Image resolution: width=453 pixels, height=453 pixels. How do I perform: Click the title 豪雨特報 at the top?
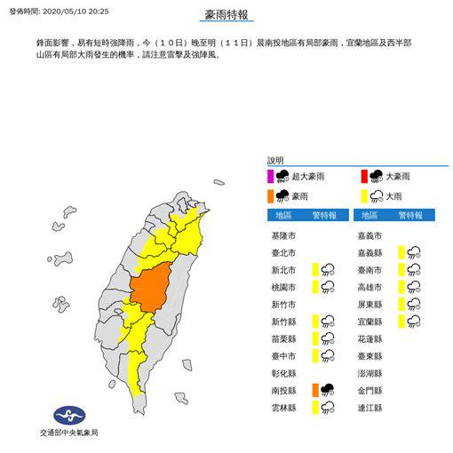click(x=226, y=15)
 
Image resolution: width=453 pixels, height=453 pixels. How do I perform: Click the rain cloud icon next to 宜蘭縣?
click(x=413, y=320)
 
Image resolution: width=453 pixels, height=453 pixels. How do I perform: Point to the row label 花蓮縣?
click(x=384, y=338)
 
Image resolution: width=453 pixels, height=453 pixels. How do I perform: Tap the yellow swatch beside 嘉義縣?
click(x=401, y=252)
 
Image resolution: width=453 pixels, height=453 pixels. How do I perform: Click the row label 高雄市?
click(x=384, y=286)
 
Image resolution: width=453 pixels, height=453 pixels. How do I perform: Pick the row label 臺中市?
click(x=285, y=354)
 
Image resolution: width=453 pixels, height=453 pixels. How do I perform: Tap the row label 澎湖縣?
click(x=384, y=371)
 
